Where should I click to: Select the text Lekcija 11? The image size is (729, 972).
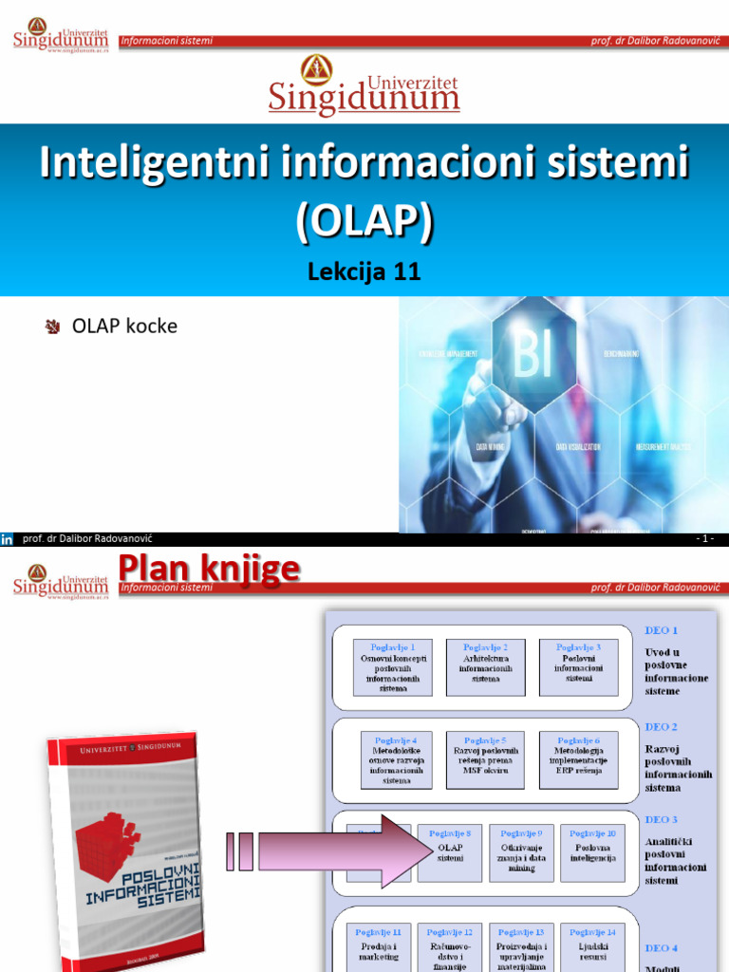pos(364,272)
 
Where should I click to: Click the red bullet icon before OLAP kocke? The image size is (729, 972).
pos(53,327)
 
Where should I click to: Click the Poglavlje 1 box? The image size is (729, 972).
pos(393,666)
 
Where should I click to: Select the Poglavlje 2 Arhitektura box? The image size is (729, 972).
pos(485,666)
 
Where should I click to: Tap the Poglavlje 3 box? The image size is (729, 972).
pos(578,666)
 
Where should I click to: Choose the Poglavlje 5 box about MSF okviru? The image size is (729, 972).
pos(485,759)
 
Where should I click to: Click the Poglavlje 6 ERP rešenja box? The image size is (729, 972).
pos(578,759)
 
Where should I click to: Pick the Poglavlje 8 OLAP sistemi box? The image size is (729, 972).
pos(450,852)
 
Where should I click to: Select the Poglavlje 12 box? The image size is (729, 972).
pos(450,949)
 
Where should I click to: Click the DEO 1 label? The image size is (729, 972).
pos(662,629)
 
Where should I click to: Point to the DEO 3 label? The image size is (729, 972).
pos(662,819)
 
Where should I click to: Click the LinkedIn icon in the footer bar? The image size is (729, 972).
pos(8,539)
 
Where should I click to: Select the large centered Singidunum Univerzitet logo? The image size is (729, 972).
pos(364,85)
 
